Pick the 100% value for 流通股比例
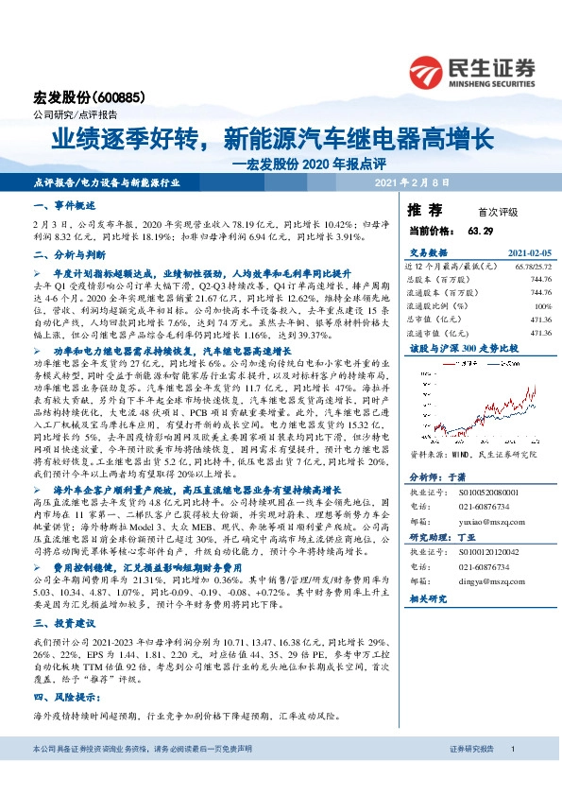click(x=542, y=306)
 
